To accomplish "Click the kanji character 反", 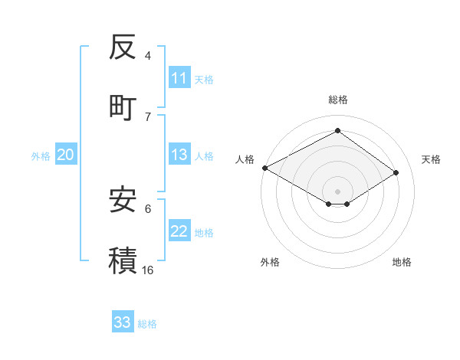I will click(x=123, y=47).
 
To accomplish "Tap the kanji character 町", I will click(x=123, y=107).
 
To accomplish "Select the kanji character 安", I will click(x=123, y=200).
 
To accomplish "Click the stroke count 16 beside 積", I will click(x=148, y=270).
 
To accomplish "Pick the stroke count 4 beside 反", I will click(x=148, y=56).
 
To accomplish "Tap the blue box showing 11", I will click(x=179, y=78).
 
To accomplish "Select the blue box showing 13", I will click(x=179, y=155).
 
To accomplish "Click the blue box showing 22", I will click(x=179, y=232).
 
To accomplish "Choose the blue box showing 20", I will click(x=65, y=155).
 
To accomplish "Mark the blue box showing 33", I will click(x=123, y=323).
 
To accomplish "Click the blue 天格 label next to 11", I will click(x=204, y=79).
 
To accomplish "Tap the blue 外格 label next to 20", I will click(x=41, y=156).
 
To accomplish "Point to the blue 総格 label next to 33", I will click(x=147, y=324).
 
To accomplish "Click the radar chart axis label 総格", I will click(x=338, y=100).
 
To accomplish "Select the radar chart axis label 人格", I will click(x=245, y=159).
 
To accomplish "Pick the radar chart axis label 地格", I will click(x=402, y=262).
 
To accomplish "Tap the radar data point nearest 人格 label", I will click(x=264, y=168).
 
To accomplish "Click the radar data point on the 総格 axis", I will click(x=337, y=130).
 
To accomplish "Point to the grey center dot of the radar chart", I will click(x=337, y=191).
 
